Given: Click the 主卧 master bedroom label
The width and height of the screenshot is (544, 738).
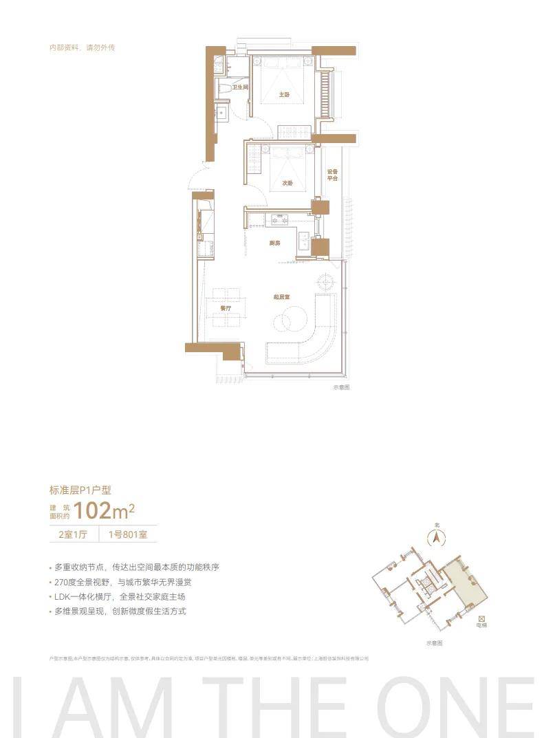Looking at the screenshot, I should pyautogui.click(x=283, y=94).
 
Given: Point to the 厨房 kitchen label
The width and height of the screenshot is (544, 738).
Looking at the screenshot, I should pyautogui.click(x=274, y=243).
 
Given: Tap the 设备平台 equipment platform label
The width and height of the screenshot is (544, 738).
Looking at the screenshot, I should pyautogui.click(x=333, y=175).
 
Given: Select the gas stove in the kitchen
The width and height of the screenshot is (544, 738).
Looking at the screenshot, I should pyautogui.click(x=279, y=219).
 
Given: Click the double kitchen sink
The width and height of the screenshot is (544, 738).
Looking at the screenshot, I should pyautogui.click(x=303, y=239).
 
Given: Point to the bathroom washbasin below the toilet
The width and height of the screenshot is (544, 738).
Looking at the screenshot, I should pyautogui.click(x=221, y=113).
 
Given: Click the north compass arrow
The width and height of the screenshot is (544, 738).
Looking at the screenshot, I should pyautogui.click(x=435, y=538).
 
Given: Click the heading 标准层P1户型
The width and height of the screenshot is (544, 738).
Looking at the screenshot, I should pyautogui.click(x=80, y=490).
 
